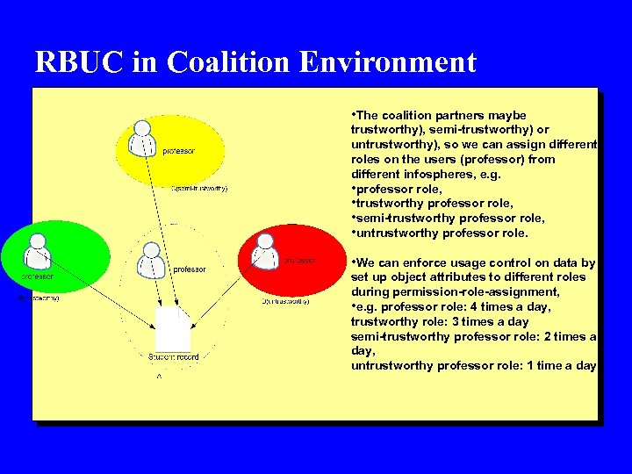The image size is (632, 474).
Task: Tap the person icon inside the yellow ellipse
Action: coord(142,138)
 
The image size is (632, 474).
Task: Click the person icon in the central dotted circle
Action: coord(150,257)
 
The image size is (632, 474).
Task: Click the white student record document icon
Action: coord(172,329)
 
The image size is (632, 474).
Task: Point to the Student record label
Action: coord(173,357)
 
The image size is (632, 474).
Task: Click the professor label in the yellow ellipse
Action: coord(179,151)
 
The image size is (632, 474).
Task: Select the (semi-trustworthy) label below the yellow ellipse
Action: coord(200,188)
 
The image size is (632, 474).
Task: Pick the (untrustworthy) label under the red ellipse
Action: coord(285,300)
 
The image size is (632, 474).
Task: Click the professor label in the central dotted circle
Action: coord(189,269)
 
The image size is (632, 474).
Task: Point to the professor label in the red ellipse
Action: coord(299,260)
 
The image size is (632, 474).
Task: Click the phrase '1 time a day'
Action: coord(561,365)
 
